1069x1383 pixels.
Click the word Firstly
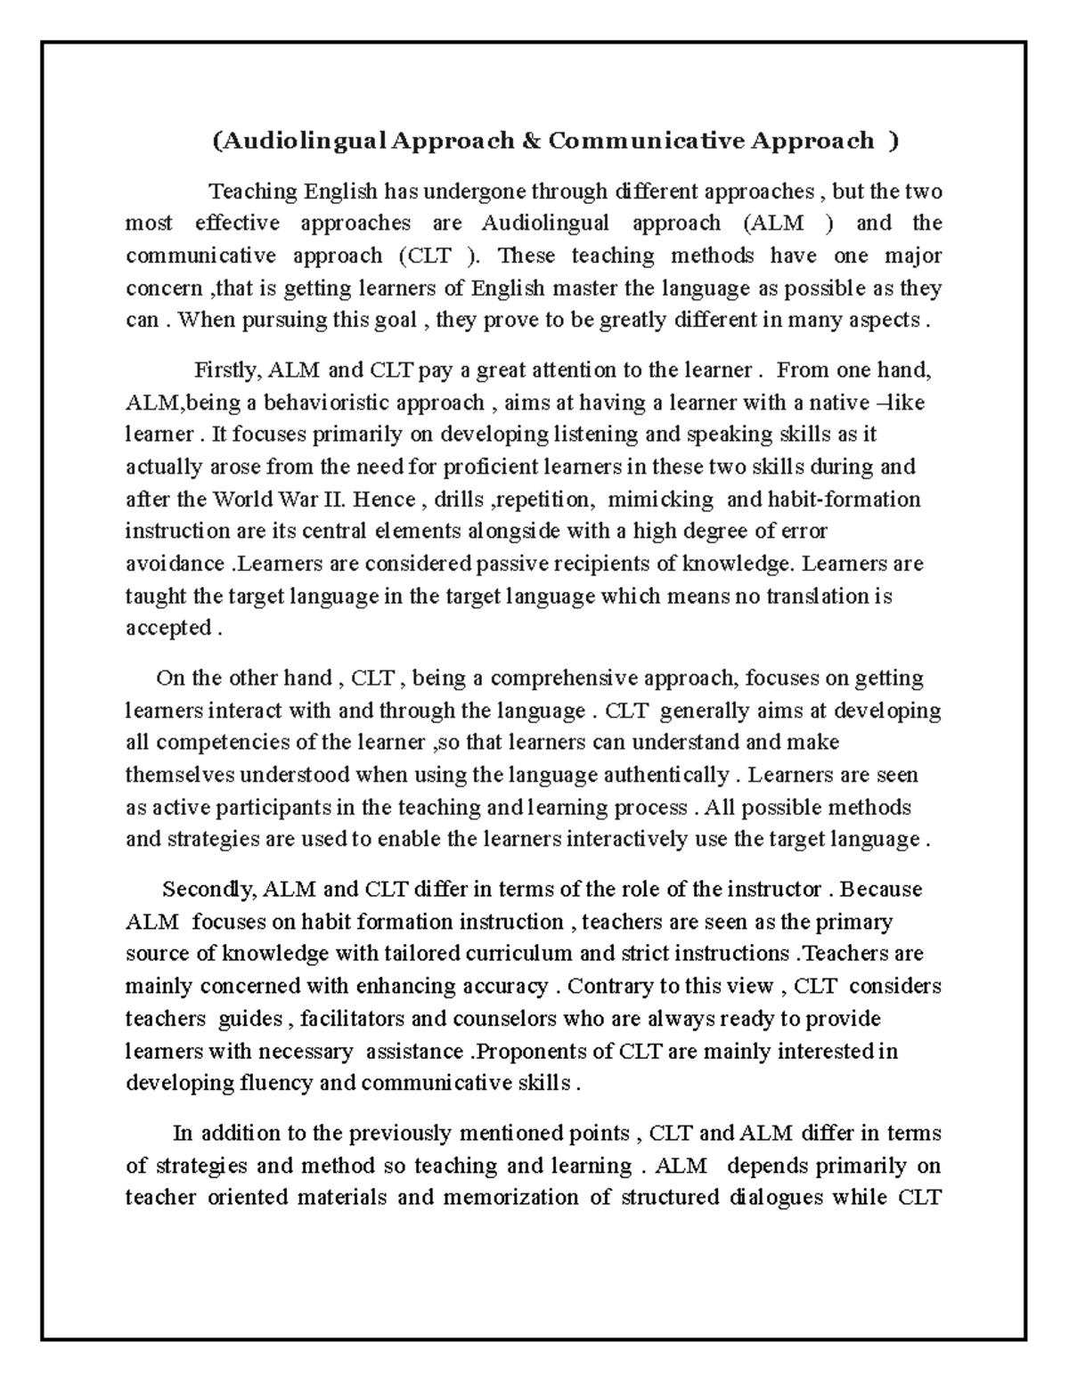(x=226, y=370)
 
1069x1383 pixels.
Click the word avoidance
(x=175, y=564)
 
